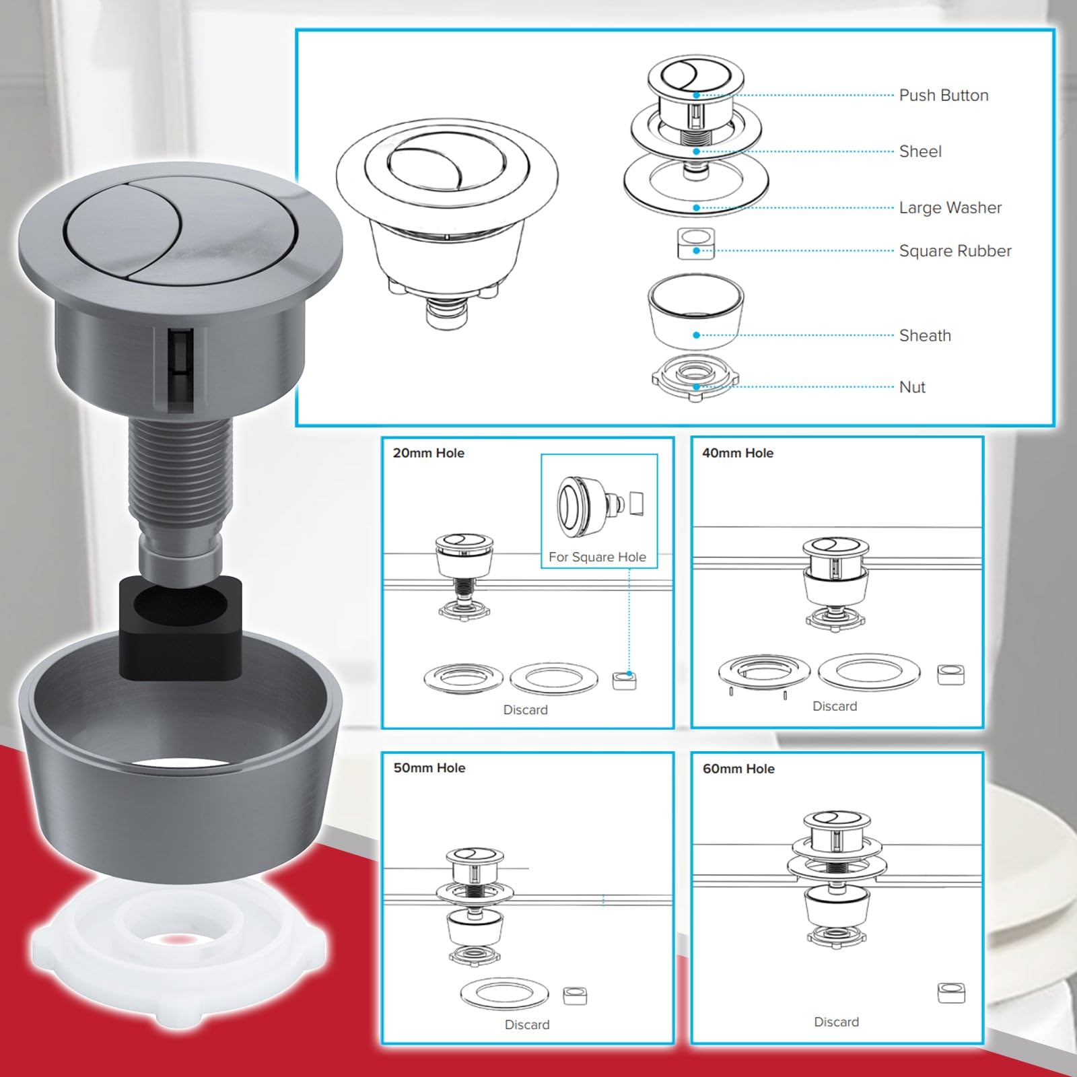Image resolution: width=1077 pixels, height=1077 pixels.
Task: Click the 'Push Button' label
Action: click(x=944, y=96)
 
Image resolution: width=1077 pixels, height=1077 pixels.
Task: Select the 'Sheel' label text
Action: click(x=920, y=151)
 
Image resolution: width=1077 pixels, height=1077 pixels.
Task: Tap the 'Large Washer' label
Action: click(x=950, y=207)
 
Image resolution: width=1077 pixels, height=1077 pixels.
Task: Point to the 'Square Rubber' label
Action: click(x=955, y=250)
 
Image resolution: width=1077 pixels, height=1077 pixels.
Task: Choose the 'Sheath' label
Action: click(x=925, y=335)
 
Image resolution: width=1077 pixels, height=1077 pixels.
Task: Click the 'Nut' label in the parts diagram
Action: click(x=912, y=387)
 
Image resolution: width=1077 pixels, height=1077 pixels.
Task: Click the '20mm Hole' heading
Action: click(x=429, y=453)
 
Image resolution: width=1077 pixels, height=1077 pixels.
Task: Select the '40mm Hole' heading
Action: click(x=738, y=453)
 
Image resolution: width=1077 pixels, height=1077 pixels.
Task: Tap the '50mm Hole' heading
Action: click(x=429, y=768)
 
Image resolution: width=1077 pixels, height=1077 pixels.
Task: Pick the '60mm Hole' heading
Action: click(x=738, y=769)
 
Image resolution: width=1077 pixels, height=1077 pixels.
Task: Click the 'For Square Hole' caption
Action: click(x=597, y=557)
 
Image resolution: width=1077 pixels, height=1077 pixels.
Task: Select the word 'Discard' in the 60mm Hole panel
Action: click(x=837, y=1022)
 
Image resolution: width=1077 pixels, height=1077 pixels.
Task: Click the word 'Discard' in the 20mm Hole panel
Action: click(x=526, y=709)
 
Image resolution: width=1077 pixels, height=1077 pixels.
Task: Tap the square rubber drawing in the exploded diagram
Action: click(x=696, y=244)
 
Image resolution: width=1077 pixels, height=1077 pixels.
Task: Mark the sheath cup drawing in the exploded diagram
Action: click(x=696, y=311)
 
